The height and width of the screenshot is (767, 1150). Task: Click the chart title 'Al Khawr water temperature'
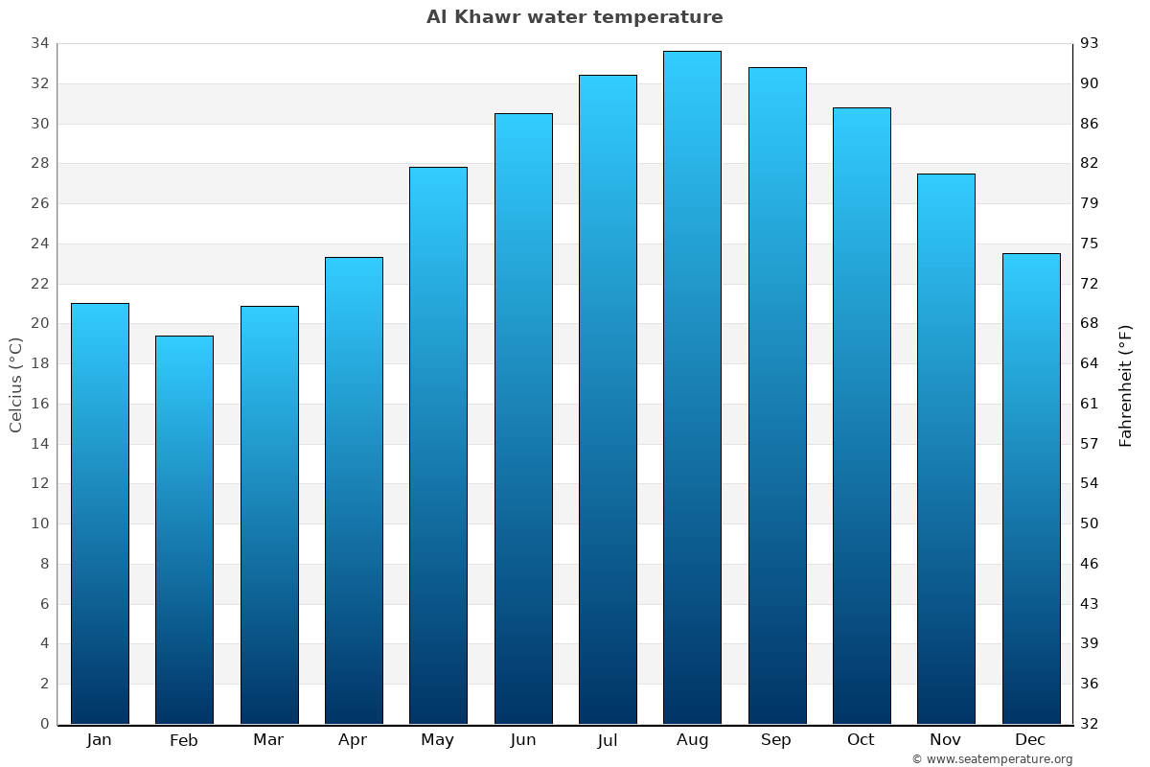click(x=574, y=17)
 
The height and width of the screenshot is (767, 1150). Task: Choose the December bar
click(x=1031, y=488)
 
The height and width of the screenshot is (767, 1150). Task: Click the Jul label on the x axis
click(x=608, y=740)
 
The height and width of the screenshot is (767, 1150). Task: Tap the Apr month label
click(x=353, y=740)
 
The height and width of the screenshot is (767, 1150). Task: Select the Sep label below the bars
click(x=776, y=740)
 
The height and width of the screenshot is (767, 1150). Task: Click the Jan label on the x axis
click(x=99, y=740)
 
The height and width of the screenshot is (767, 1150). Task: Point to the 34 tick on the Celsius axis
click(x=40, y=43)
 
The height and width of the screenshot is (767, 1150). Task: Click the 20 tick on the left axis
click(x=40, y=323)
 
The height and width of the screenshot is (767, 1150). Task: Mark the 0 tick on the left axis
click(x=44, y=724)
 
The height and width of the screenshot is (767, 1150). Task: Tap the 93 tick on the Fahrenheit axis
click(x=1090, y=43)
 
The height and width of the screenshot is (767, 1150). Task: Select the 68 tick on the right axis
click(x=1090, y=323)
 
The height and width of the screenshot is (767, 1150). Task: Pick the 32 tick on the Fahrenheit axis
click(x=1090, y=724)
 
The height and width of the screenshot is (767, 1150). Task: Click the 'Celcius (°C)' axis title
click(x=15, y=384)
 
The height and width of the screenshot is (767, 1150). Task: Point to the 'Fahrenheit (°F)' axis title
click(x=1126, y=384)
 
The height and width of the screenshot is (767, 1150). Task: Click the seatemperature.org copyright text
click(x=991, y=759)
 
